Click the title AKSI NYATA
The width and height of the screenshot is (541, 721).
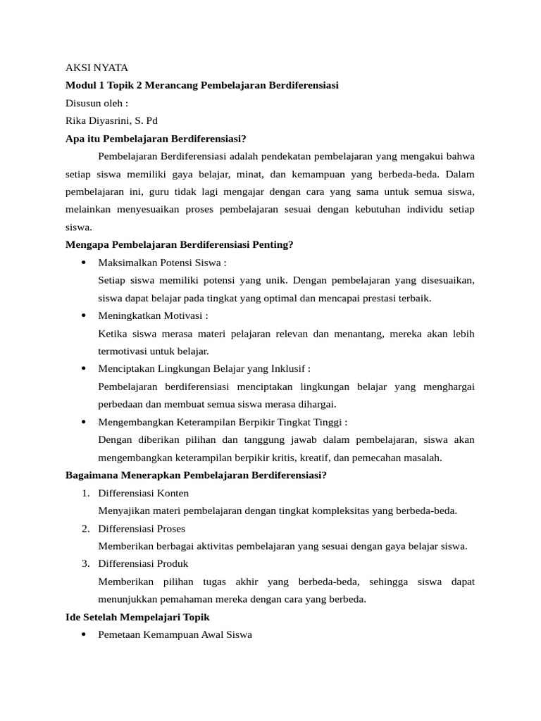(x=97, y=68)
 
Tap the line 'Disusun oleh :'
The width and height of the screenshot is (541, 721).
(x=97, y=103)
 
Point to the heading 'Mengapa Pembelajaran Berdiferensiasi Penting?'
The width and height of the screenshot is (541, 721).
(x=179, y=244)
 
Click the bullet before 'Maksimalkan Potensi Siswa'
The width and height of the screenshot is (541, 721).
(x=83, y=263)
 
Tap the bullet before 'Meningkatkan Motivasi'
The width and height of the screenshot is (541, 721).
(x=83, y=315)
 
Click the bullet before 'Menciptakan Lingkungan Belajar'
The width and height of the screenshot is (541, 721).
(x=83, y=368)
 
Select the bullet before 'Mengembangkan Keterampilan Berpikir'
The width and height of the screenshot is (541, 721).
(x=83, y=422)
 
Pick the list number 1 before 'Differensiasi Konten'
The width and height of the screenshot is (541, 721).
(x=85, y=493)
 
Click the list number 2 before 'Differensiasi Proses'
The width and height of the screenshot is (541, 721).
(x=85, y=528)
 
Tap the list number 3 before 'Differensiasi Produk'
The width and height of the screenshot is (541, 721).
(x=85, y=563)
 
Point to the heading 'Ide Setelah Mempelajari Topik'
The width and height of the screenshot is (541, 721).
(x=137, y=617)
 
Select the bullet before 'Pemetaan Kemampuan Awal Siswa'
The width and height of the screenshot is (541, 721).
(x=83, y=634)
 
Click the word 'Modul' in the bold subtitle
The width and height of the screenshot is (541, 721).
(x=80, y=85)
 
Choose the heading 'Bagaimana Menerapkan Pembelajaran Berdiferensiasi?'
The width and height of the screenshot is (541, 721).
(x=196, y=475)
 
